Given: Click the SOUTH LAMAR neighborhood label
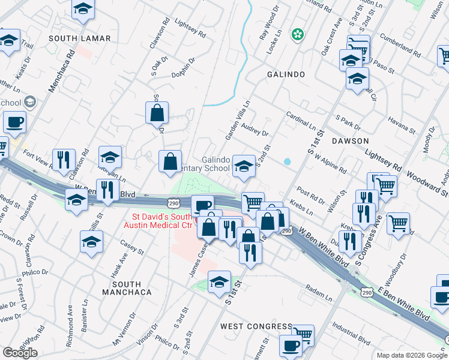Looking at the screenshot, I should tap(80, 38).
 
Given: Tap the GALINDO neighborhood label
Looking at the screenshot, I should tap(286, 74).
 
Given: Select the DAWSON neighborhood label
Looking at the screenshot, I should tap(350, 140).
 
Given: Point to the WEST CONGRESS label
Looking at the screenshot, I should tap(256, 326).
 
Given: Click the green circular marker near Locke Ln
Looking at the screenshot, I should tap(297, 35).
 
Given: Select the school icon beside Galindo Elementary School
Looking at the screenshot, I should tap(243, 165).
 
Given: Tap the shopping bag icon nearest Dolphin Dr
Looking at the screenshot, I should tap(157, 112).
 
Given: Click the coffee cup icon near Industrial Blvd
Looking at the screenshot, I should tap(291, 346).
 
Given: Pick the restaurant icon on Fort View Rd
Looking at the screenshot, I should tap(62, 159).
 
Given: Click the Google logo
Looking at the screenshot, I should tap(20, 353).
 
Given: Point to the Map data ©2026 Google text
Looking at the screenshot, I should tap(411, 355).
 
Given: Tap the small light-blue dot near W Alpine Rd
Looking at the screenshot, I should tap(287, 161).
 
